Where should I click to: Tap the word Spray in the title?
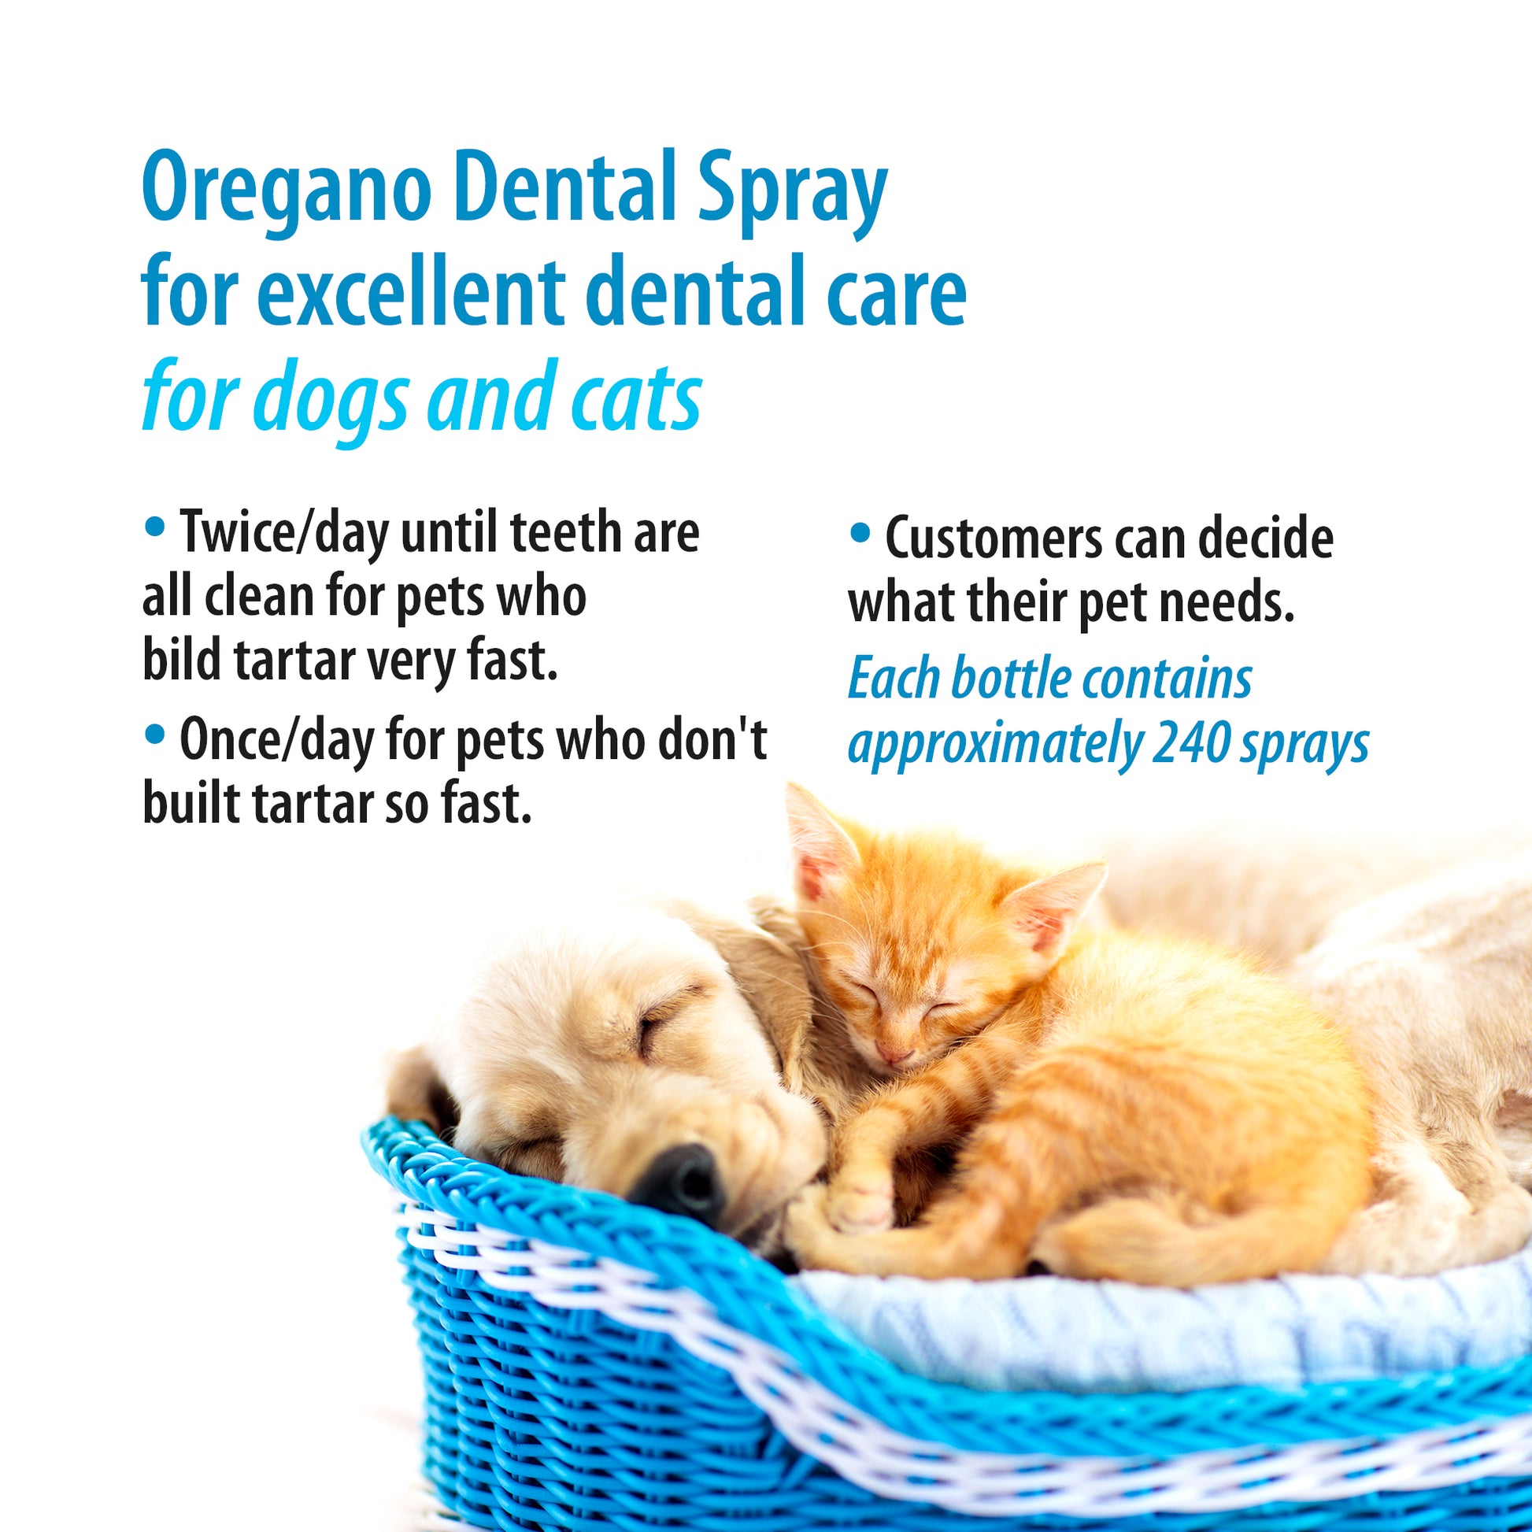coord(792,194)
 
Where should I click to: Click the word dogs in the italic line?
coord(336,399)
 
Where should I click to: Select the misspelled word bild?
coord(181,660)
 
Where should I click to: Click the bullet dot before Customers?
coord(860,533)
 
